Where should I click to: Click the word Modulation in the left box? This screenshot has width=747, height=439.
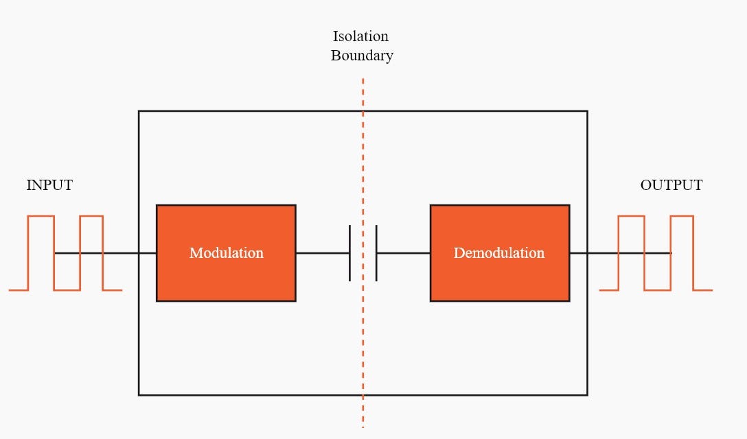[x=226, y=253]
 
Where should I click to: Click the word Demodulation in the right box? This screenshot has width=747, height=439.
[x=499, y=253]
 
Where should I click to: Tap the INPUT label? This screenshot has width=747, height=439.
[x=49, y=185]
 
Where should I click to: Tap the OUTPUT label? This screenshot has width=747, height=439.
[x=671, y=185]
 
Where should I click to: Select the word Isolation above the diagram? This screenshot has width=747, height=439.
[x=360, y=36]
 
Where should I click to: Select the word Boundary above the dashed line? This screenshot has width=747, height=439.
[x=362, y=56]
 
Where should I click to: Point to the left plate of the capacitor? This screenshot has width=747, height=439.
[x=349, y=253]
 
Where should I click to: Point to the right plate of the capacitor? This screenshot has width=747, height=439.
[x=376, y=253]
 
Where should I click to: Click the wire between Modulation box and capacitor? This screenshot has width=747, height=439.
[x=322, y=253]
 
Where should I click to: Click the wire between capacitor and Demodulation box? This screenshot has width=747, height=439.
[x=404, y=253]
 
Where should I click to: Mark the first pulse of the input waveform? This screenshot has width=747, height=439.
[x=41, y=217]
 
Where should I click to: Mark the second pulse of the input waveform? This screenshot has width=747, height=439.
[x=91, y=217]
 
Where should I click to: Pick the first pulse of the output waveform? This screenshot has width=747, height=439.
[x=632, y=217]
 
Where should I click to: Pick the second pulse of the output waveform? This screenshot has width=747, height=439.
[x=682, y=217]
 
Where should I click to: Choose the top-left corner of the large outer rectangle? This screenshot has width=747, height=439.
[x=139, y=111]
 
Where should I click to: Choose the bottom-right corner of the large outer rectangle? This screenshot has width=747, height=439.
[x=587, y=394]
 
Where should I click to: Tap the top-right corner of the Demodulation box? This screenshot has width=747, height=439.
[x=568, y=205]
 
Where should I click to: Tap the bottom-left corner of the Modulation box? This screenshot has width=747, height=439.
[x=157, y=300]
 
